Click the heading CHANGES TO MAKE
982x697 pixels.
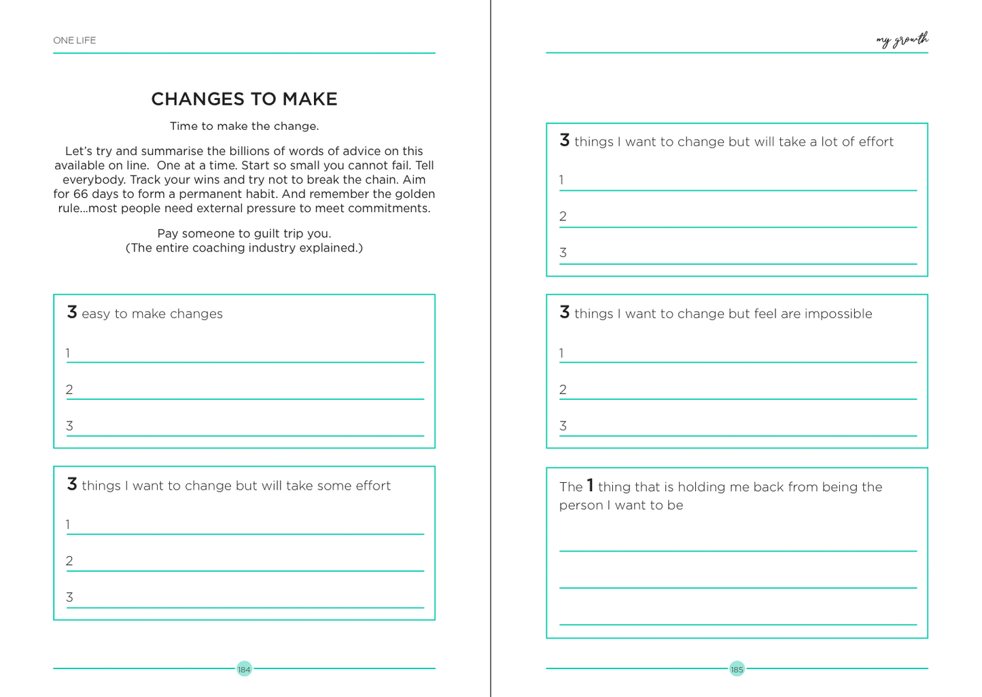pyautogui.click(x=244, y=99)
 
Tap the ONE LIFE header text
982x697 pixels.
pyautogui.click(x=75, y=41)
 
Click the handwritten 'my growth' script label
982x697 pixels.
pyautogui.click(x=902, y=41)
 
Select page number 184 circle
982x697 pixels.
pyautogui.click(x=244, y=669)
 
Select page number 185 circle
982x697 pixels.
pyautogui.click(x=737, y=669)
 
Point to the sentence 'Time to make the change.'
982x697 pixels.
pyautogui.click(x=244, y=126)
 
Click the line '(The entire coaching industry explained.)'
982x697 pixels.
pyautogui.click(x=244, y=248)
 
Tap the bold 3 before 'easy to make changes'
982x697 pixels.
pyautogui.click(x=72, y=312)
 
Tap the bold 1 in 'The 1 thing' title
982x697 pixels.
pyautogui.click(x=590, y=486)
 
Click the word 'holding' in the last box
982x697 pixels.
pyautogui.click(x=701, y=487)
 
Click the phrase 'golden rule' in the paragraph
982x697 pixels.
pyautogui.click(x=408, y=194)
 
